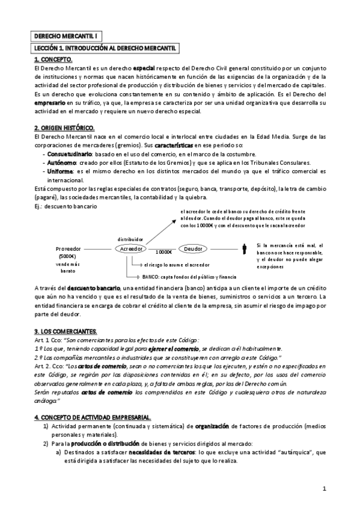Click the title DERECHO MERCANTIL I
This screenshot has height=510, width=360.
pyautogui.click(x=60, y=36)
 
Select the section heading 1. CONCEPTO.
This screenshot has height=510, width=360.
pyautogui.click(x=53, y=59)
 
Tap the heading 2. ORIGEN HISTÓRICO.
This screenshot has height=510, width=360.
pyautogui.click(x=64, y=127)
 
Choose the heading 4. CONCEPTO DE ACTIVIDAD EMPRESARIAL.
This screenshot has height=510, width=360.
pyautogui.click(x=92, y=417)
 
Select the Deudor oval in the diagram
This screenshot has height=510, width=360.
pyautogui.click(x=192, y=248)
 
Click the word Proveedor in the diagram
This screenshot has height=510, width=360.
pyautogui.click(x=71, y=248)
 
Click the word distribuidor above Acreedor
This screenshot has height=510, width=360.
pyautogui.click(x=130, y=238)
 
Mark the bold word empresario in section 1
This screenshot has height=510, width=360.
pyautogui.click(x=52, y=103)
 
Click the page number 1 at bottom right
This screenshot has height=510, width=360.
pyautogui.click(x=323, y=488)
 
